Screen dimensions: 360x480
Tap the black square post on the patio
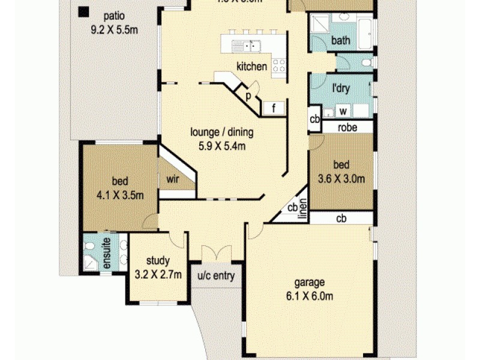pyautogui.click(x=83, y=11)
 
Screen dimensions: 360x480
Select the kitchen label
pyautogui.click(x=251, y=67)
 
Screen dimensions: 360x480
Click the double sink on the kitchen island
pyautogui.click(x=247, y=44)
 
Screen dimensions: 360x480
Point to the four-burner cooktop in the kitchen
pyautogui.click(x=279, y=65)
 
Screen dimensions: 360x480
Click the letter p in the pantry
pyautogui.click(x=247, y=94)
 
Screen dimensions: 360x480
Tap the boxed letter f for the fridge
pyautogui.click(x=273, y=109)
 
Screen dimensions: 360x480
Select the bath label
pyautogui.click(x=341, y=41)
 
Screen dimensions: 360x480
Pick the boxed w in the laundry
pyautogui.click(x=344, y=111)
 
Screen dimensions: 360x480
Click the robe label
pyautogui.click(x=348, y=127)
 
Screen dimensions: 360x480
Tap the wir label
pyautogui.click(x=173, y=179)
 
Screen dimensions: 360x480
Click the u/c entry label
pyautogui.click(x=216, y=277)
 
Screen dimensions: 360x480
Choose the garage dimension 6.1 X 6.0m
pyautogui.click(x=309, y=296)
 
